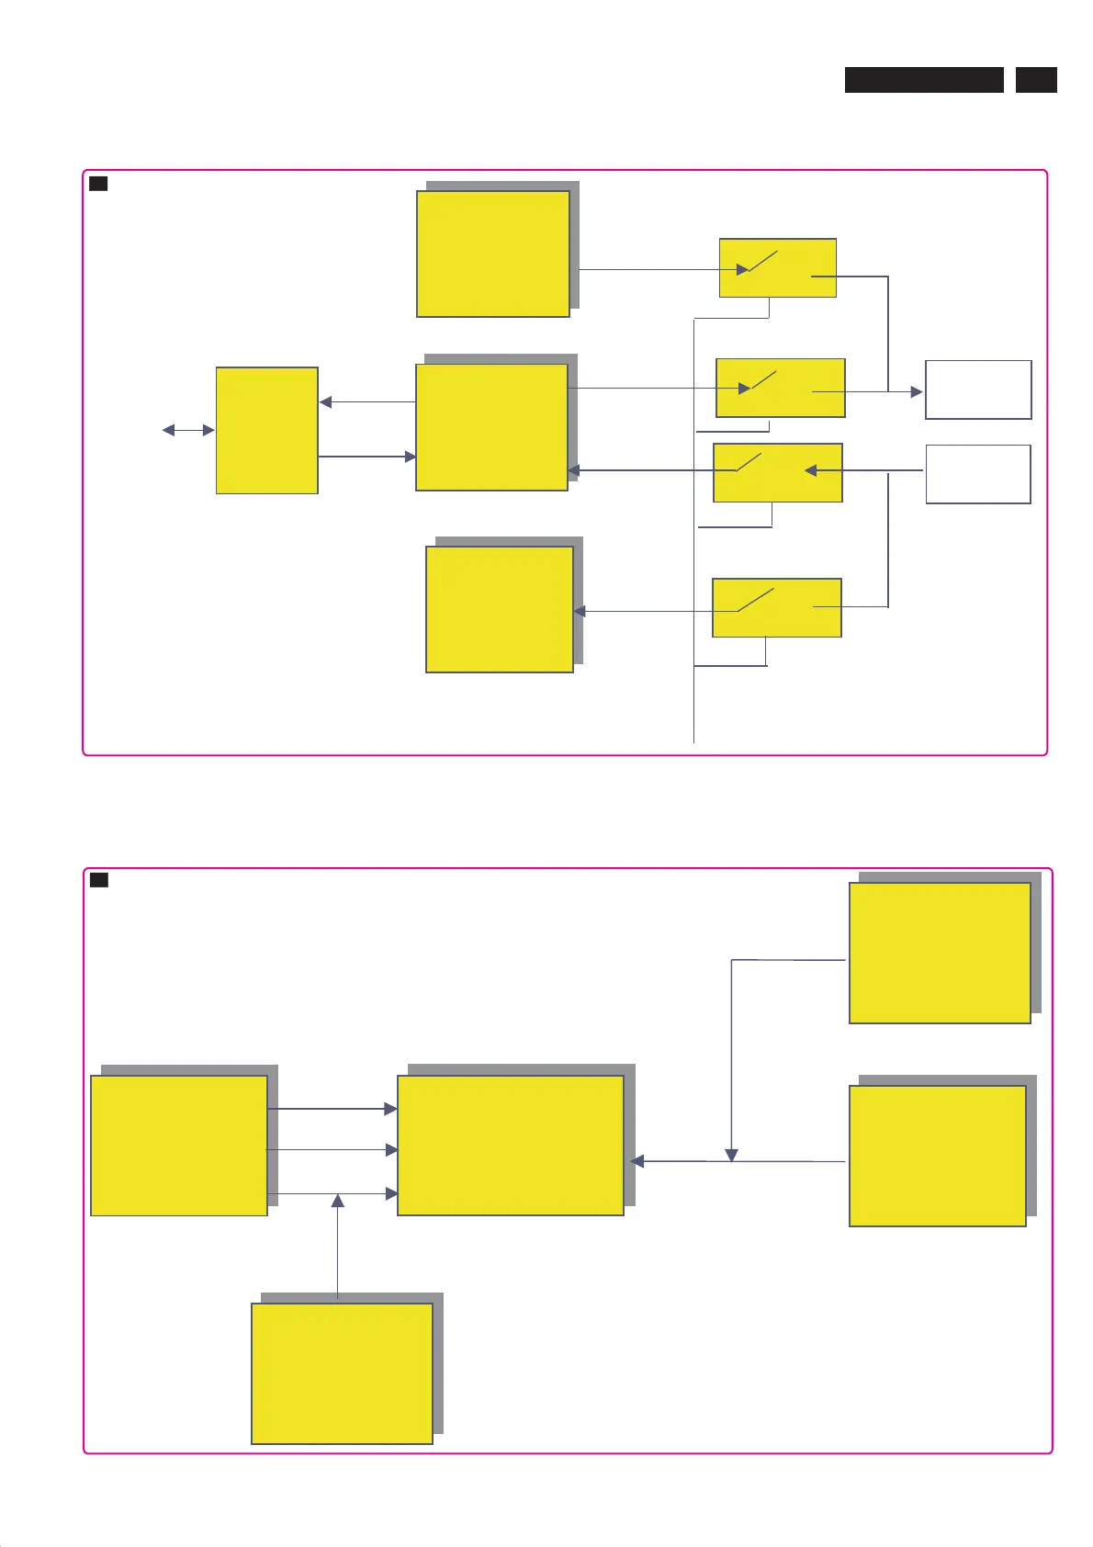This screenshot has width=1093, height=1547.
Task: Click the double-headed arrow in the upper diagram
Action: pyautogui.click(x=188, y=430)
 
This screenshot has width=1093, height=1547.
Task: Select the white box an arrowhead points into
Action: pyautogui.click(x=978, y=390)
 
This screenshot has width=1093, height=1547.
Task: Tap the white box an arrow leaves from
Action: pyautogui.click(x=978, y=474)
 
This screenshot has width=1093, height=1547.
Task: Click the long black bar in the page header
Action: pyautogui.click(x=924, y=80)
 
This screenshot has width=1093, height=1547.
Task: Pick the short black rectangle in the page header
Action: pyautogui.click(x=1036, y=80)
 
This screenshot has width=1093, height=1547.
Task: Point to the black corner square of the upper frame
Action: pyautogui.click(x=98, y=184)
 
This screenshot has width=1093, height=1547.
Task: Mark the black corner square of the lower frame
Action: pyautogui.click(x=99, y=880)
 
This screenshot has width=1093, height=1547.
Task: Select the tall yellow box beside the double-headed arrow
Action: pyautogui.click(x=267, y=430)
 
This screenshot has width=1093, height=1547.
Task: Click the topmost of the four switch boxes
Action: pyautogui.click(x=778, y=267)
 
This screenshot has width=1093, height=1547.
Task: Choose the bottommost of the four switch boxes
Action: pyautogui.click(x=777, y=607)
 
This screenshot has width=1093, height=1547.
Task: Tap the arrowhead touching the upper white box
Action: pyautogui.click(x=917, y=392)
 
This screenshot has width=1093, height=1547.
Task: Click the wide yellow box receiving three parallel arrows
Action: pyautogui.click(x=511, y=1146)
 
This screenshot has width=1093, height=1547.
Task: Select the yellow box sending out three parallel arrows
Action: pyautogui.click(x=179, y=1146)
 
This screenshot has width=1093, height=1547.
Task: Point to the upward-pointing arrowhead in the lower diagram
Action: pyautogui.click(x=338, y=1201)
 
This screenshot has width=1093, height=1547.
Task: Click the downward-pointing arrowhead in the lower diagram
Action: pyautogui.click(x=732, y=1155)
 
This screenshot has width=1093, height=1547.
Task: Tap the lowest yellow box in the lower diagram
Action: pyautogui.click(x=342, y=1373)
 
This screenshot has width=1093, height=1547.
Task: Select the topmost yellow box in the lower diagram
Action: pyautogui.click(x=940, y=953)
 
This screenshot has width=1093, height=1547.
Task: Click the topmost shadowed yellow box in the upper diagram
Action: pyautogui.click(x=493, y=254)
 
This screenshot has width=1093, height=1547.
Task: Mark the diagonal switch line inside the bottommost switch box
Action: pyautogui.click(x=756, y=600)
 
